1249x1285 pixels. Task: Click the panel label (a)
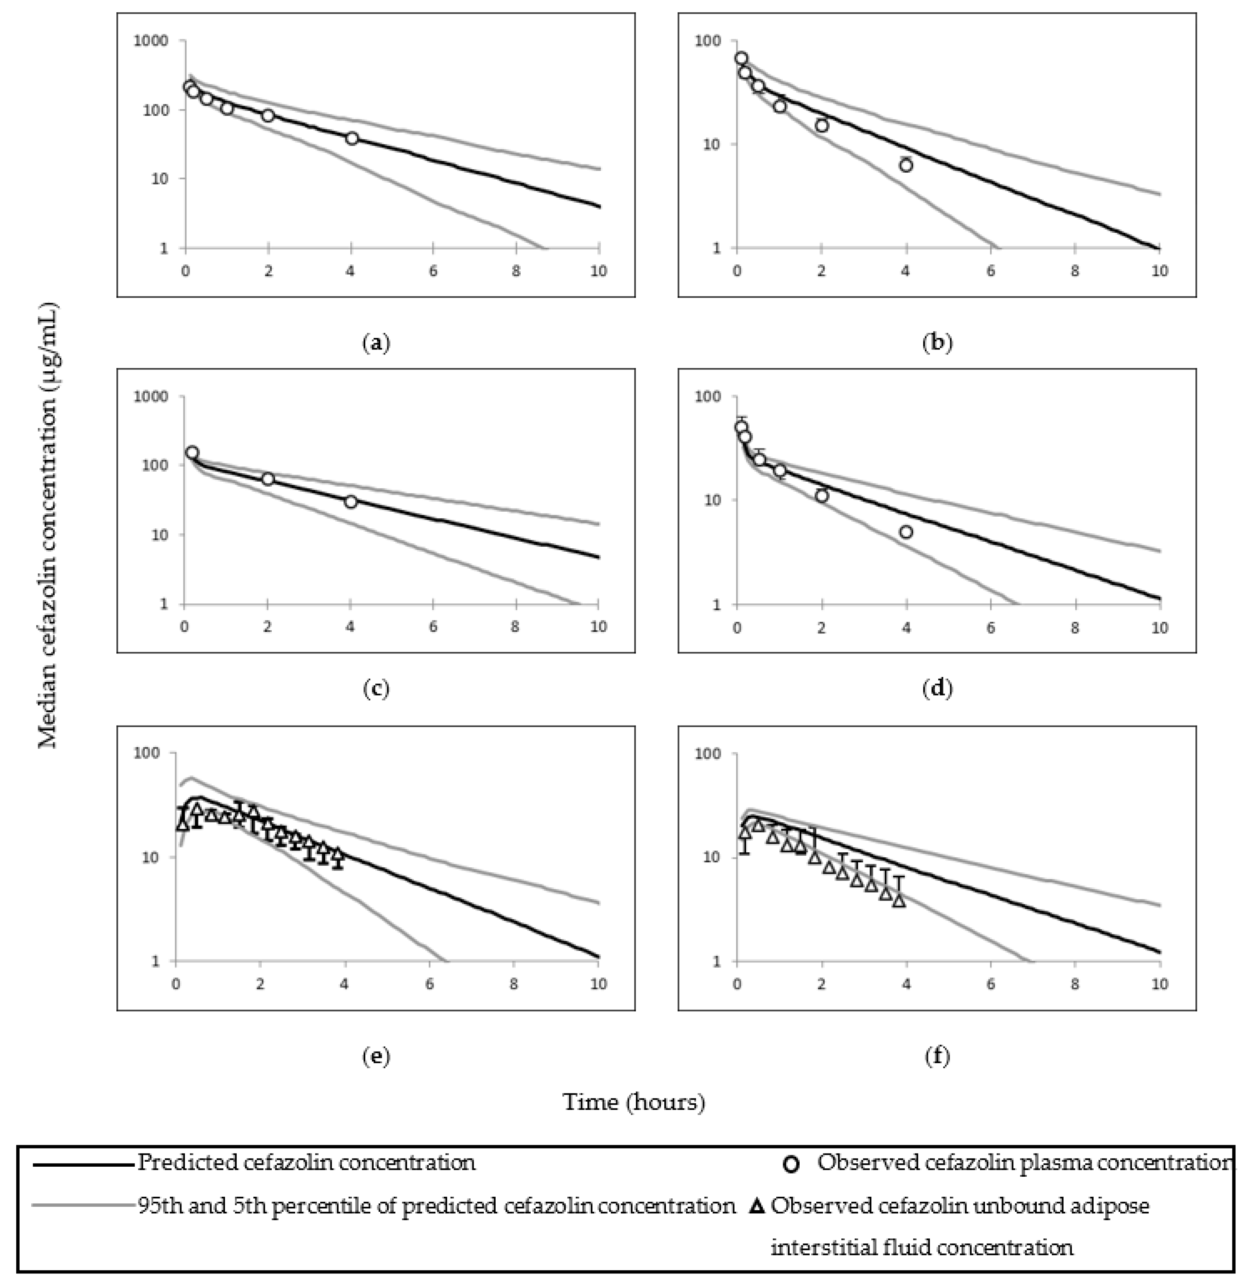377,343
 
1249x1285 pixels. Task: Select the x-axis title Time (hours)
634,1102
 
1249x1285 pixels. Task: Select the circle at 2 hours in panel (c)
267,479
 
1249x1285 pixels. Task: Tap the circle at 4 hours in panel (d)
906,532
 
